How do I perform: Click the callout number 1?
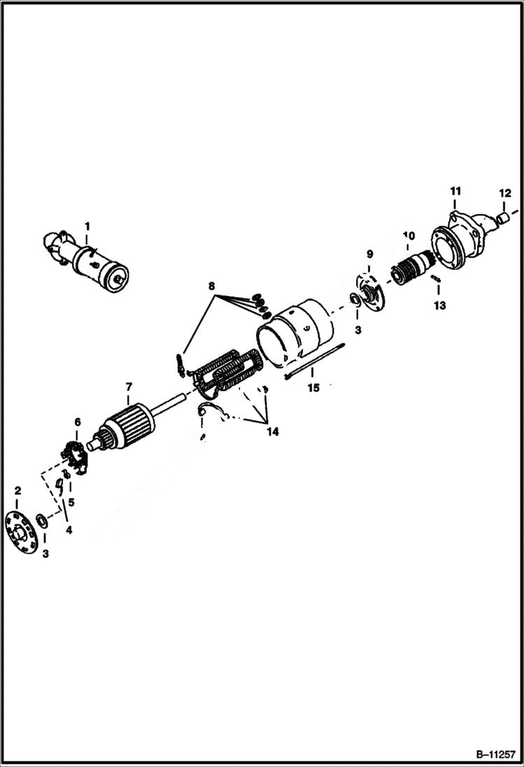(87, 226)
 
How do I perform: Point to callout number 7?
(129, 386)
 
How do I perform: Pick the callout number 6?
(77, 422)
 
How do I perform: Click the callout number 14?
(272, 432)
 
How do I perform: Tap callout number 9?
(370, 253)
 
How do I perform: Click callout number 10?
(409, 236)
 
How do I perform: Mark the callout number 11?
(455, 191)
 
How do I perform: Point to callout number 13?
(439, 306)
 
